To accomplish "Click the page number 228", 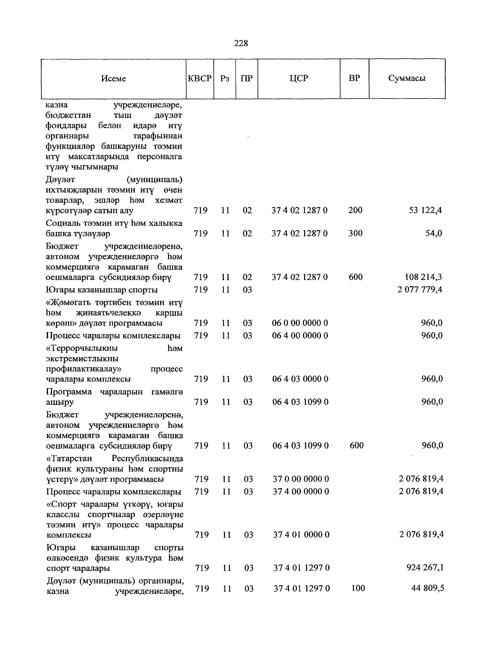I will click(241, 43).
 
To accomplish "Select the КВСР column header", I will click(200, 78).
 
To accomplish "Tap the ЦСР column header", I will click(299, 78).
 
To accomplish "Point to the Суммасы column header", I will click(407, 78).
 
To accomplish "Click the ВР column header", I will click(354, 78).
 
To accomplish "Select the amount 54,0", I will click(434, 233).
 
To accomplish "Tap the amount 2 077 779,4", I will click(420, 289).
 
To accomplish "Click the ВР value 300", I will click(355, 233).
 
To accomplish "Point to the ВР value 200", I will click(355, 210).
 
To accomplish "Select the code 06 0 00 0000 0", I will click(300, 323).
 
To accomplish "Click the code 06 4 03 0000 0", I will click(300, 379).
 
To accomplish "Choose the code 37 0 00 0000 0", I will click(301, 479).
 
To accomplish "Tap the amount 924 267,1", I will click(425, 568).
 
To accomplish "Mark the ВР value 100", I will click(357, 589).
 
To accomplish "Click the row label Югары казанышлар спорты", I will click(102, 290).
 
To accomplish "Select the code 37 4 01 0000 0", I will click(301, 535).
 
